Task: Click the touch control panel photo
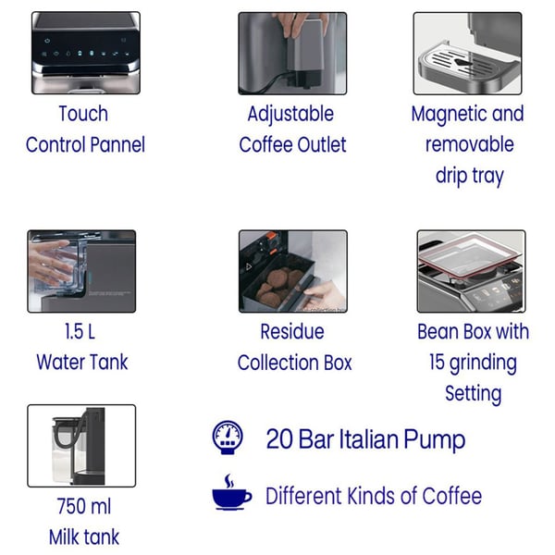(86, 53)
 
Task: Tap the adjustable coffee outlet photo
(292, 54)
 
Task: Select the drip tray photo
(467, 54)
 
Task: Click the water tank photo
(81, 271)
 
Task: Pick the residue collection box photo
(293, 271)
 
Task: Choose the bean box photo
(471, 271)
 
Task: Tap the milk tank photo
(81, 446)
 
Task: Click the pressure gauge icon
(228, 438)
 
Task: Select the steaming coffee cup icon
(231, 492)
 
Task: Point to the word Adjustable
(290, 115)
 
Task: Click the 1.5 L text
(80, 332)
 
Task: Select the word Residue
(292, 332)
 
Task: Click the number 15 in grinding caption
(437, 362)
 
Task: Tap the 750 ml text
(84, 506)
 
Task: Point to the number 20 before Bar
(279, 439)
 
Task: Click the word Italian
(368, 439)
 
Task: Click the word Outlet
(322, 145)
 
